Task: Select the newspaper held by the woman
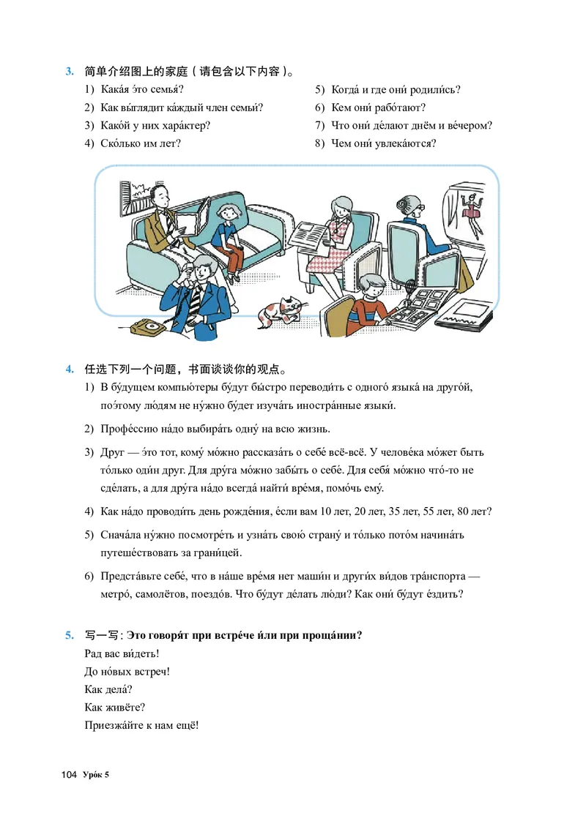click(311, 234)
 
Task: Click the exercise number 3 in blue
click(70, 72)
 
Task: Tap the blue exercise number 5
click(70, 635)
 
